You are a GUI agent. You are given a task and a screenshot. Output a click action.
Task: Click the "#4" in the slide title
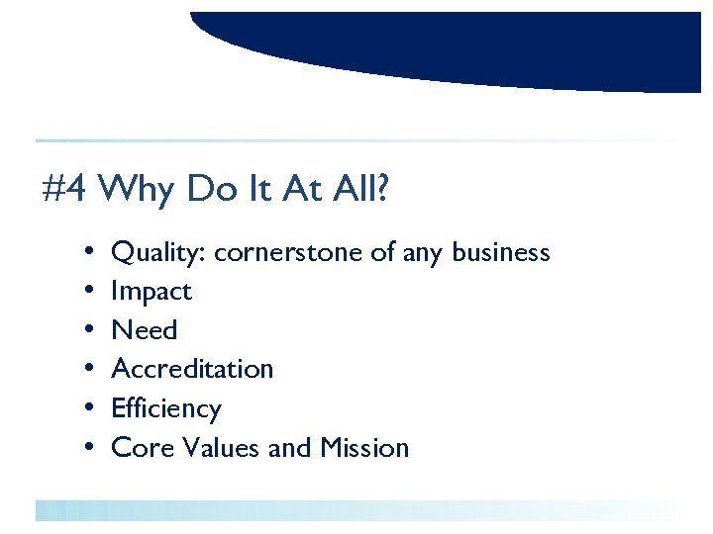click(66, 188)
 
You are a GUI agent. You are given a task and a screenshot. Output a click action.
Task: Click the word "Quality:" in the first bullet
click(158, 253)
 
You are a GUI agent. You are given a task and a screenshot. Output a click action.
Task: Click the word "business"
click(500, 253)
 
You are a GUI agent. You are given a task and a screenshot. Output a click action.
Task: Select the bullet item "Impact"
click(152, 292)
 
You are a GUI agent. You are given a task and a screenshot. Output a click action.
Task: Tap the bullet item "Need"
click(145, 330)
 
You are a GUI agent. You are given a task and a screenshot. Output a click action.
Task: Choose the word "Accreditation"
click(192, 369)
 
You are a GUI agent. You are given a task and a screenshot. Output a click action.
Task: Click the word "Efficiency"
click(166, 408)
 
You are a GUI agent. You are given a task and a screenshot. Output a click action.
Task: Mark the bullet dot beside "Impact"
click(89, 292)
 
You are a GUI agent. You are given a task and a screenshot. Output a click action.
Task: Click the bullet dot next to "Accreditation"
click(89, 370)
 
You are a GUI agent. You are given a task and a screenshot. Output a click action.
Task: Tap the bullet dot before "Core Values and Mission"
click(89, 448)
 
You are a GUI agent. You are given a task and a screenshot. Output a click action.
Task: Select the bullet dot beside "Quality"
click(89, 253)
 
